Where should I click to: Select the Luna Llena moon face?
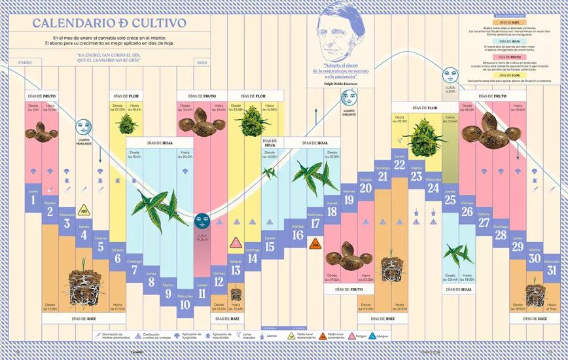click(x=450, y=74)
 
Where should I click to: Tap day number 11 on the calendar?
click(x=202, y=293)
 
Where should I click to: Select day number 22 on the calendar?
click(x=400, y=165)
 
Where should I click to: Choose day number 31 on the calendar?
click(x=552, y=270)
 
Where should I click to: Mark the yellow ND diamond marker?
click(x=84, y=211)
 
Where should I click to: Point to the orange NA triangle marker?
click(x=315, y=244)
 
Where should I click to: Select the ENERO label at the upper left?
click(x=26, y=62)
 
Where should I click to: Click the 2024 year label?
click(x=202, y=62)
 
